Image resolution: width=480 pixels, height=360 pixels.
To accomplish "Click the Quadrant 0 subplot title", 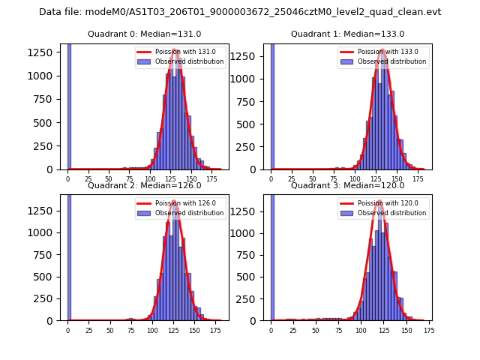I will (x=144, y=34).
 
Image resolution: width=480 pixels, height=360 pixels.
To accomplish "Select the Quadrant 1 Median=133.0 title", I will (x=347, y=34).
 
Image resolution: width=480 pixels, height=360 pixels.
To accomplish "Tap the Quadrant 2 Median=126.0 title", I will (x=144, y=185).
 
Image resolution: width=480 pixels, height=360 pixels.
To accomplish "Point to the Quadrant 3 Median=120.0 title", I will (x=347, y=185).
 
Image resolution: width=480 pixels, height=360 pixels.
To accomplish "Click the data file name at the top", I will (x=240, y=12).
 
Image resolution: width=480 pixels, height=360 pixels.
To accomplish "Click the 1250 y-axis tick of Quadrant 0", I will (x=46, y=52).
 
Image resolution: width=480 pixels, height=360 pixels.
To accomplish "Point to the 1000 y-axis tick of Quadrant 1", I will (x=250, y=79).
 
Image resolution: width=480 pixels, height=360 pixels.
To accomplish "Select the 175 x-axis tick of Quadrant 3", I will (x=428, y=329).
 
